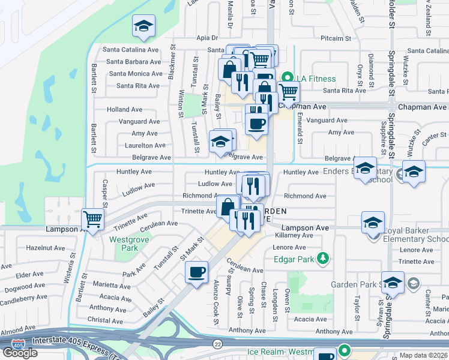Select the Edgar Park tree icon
(x=324, y=259)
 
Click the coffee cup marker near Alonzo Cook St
(x=196, y=272)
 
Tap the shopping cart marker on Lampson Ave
(x=93, y=219)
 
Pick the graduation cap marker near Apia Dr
(x=143, y=26)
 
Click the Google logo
(x=20, y=353)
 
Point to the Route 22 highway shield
(x=217, y=343)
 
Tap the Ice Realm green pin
(x=344, y=350)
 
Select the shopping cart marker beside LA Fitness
(x=288, y=91)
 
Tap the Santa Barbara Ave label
(x=134, y=61)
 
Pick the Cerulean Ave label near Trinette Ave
(x=159, y=223)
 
